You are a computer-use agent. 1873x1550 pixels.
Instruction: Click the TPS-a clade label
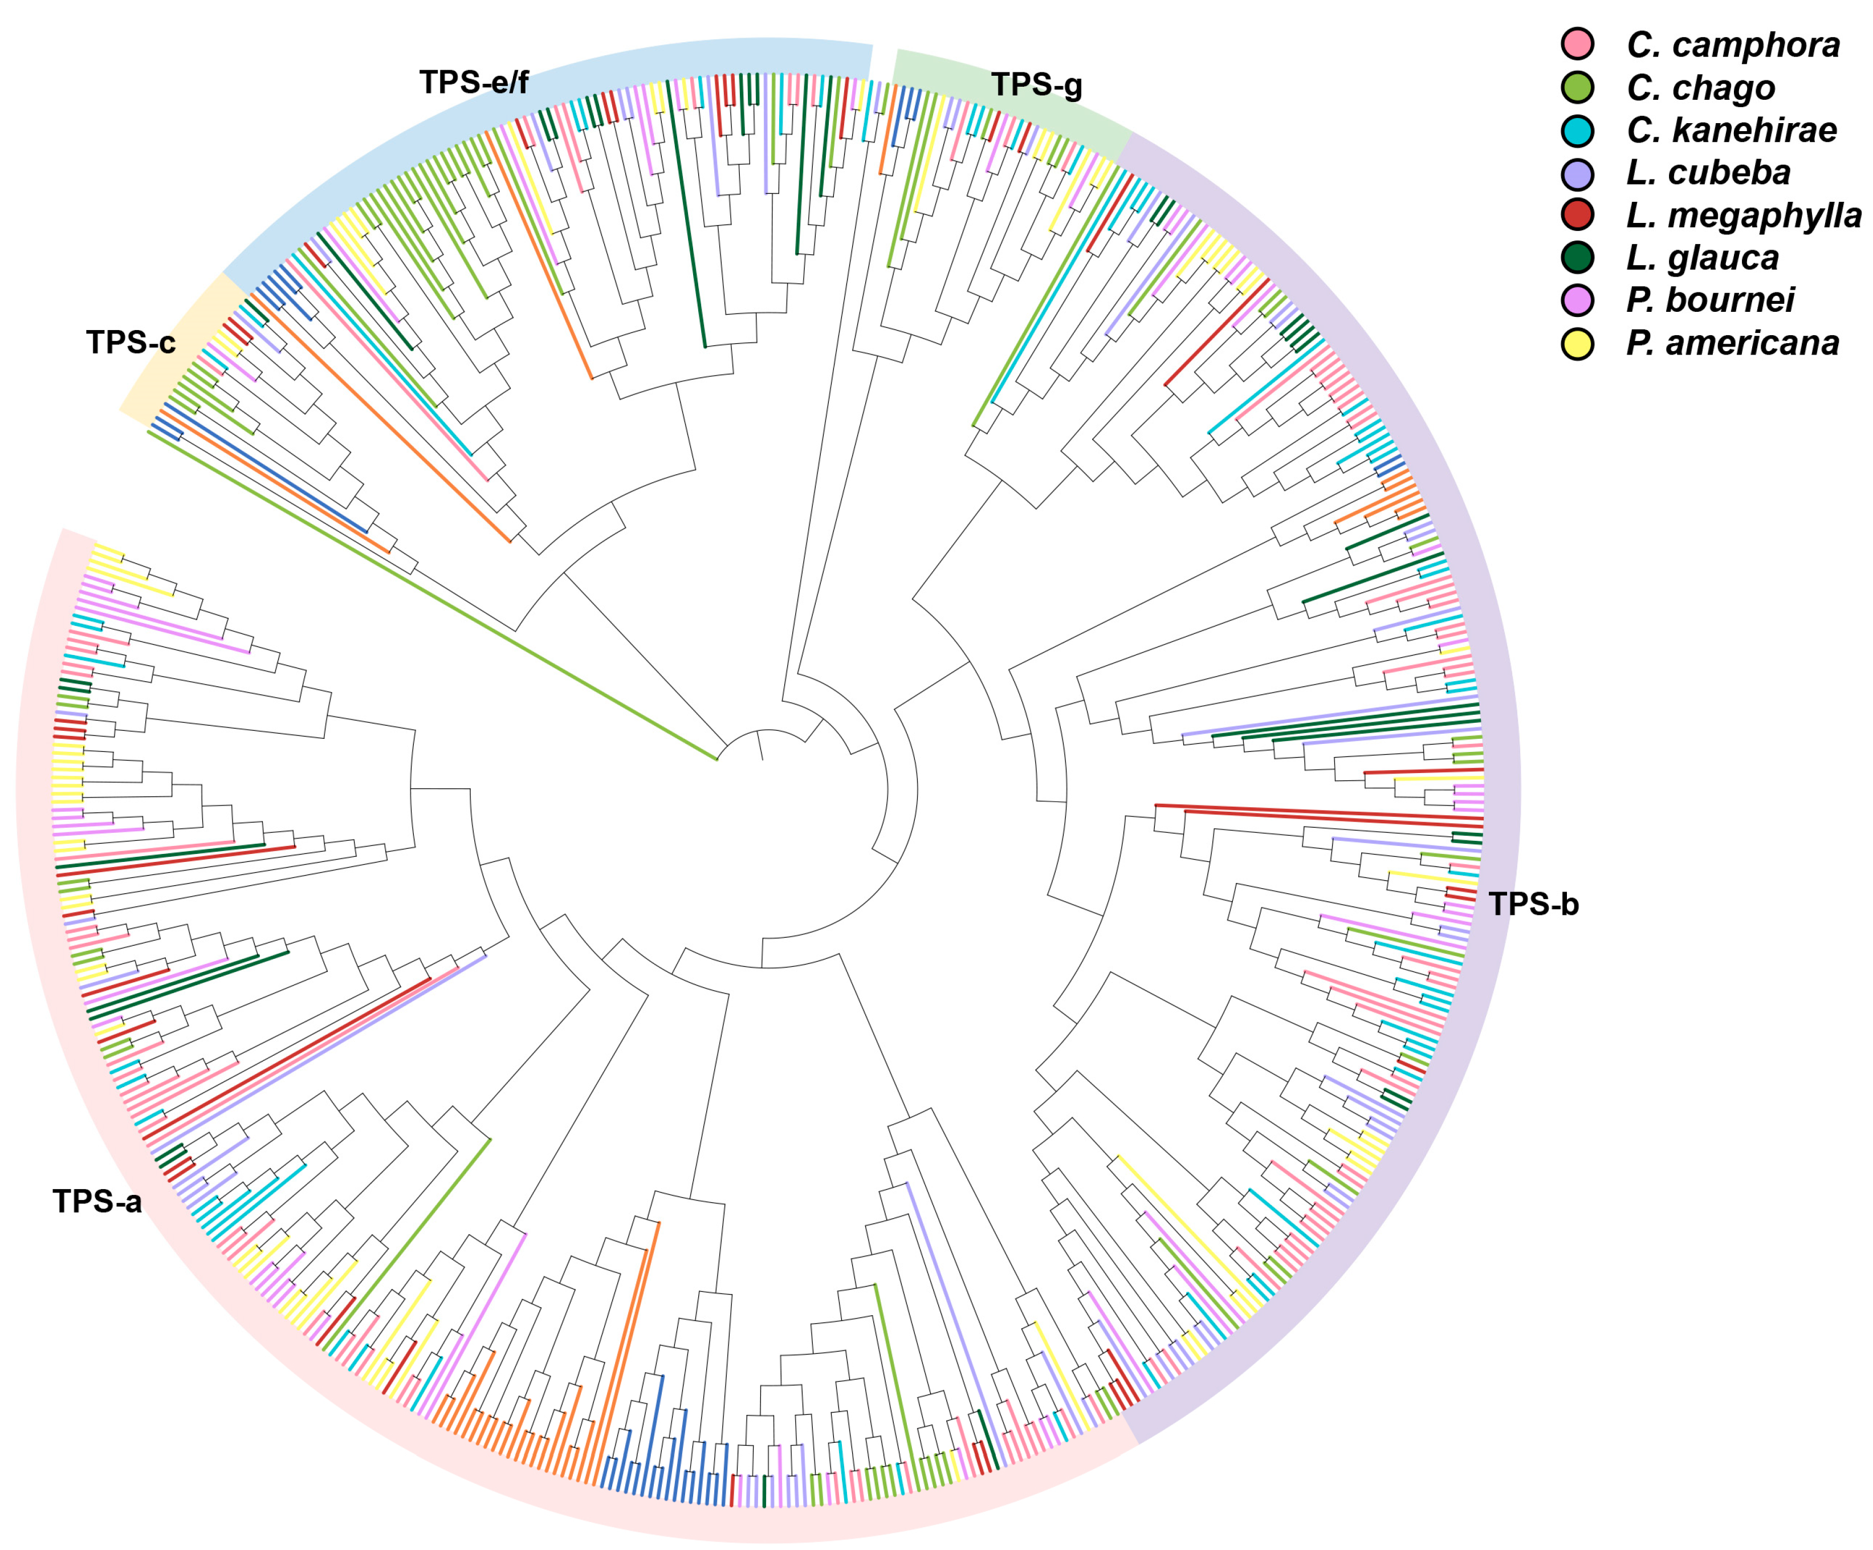(96, 1201)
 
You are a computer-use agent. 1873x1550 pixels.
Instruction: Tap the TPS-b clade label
(1533, 904)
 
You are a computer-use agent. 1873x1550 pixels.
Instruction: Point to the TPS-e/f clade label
(474, 82)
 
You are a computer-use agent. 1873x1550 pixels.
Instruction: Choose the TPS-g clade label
(1036, 85)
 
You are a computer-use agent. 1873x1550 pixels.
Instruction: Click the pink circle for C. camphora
(1577, 44)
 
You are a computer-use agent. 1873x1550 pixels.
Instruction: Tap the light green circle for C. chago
(1577, 87)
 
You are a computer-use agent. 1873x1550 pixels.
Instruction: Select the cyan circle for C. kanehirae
(1577, 130)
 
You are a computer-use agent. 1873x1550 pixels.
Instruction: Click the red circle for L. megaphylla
(1577, 215)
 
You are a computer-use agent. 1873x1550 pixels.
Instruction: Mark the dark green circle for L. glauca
(1577, 258)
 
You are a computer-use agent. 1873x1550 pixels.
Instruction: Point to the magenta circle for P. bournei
(1577, 300)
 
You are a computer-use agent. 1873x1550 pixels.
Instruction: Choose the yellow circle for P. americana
(1577, 343)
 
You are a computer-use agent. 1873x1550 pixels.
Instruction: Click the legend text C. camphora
(1732, 44)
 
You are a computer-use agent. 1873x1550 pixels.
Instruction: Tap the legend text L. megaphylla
(1743, 215)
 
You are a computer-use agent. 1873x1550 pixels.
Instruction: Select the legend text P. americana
(1732, 343)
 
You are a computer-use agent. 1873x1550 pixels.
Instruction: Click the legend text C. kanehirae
(1731, 130)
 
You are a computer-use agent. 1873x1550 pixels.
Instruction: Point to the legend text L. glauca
(1702, 258)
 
